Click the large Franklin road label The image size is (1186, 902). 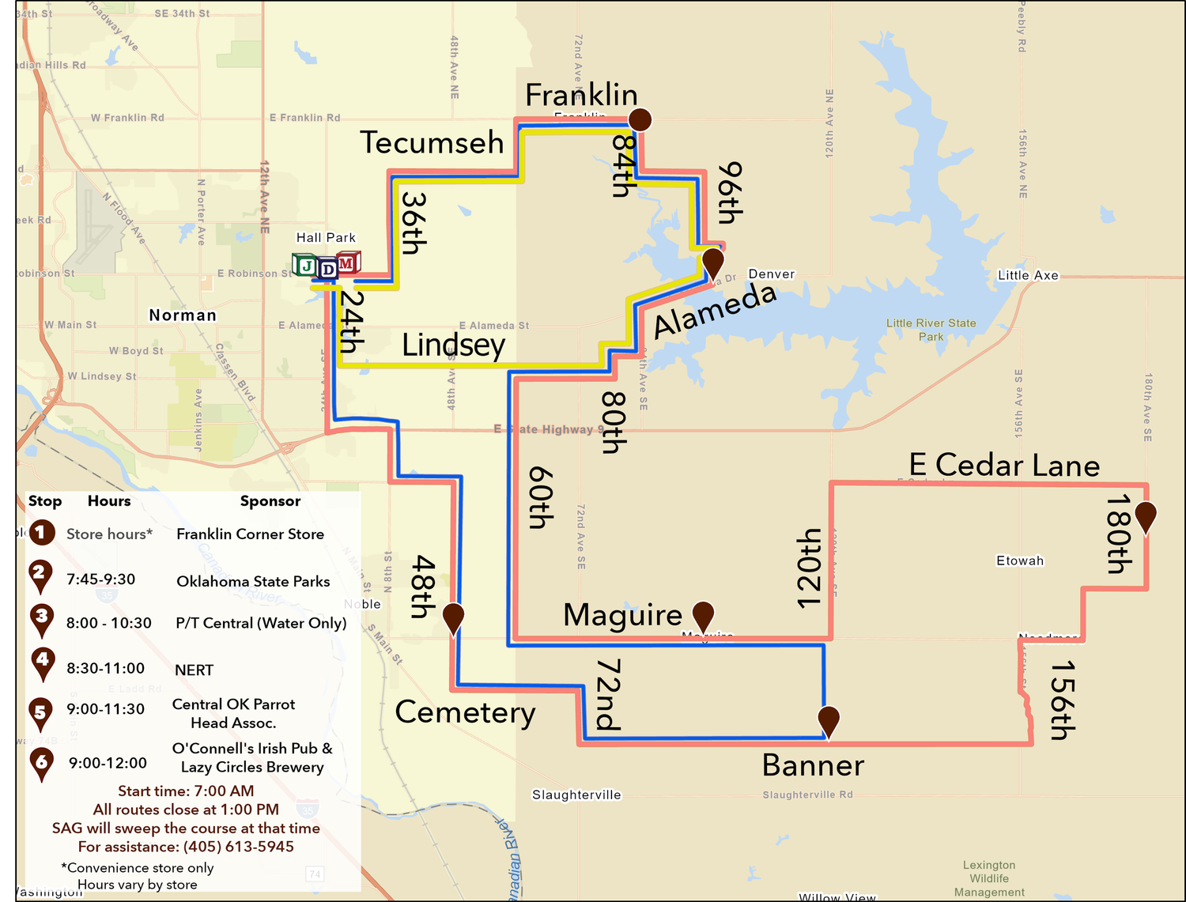pos(581,95)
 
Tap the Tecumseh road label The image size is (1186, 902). pos(432,142)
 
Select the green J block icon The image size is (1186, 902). pos(304,265)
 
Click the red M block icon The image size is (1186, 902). pos(348,262)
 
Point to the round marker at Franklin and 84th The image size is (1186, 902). pos(640,119)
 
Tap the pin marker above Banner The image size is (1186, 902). pos(828,720)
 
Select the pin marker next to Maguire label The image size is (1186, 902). pos(703,614)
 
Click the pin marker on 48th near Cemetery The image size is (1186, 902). pos(453,617)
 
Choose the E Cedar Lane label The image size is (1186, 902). pos(1004,465)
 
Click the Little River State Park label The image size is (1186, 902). pos(931,330)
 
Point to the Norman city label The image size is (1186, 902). pos(183,315)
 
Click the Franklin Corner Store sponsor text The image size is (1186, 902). pos(250,534)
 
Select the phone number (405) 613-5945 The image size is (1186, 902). pos(239,847)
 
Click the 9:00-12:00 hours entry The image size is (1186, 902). pos(108,763)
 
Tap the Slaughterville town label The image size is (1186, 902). pos(576,794)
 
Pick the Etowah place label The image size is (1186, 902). pos(1020,560)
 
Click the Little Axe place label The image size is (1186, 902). pos(1028,275)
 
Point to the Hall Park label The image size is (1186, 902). pos(326,237)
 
